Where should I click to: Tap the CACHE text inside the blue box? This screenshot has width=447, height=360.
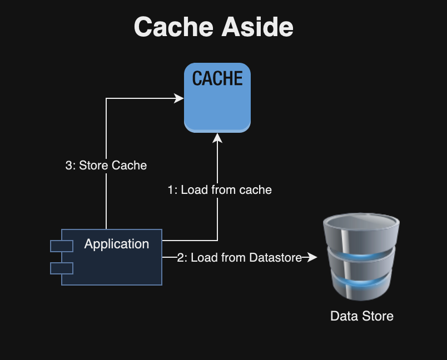point(217,79)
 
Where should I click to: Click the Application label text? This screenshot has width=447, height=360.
point(116,244)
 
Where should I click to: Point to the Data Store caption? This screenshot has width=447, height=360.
point(361,316)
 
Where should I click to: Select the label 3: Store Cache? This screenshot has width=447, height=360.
point(106,165)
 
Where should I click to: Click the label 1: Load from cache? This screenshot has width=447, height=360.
point(220,190)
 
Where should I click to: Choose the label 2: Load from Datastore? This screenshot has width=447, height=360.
point(239,258)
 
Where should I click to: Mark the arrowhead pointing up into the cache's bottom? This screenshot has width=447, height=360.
point(217,137)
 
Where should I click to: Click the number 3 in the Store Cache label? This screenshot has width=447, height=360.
point(69,165)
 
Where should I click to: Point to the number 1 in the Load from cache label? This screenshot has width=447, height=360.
point(171,190)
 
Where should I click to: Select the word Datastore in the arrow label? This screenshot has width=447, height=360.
point(275,258)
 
